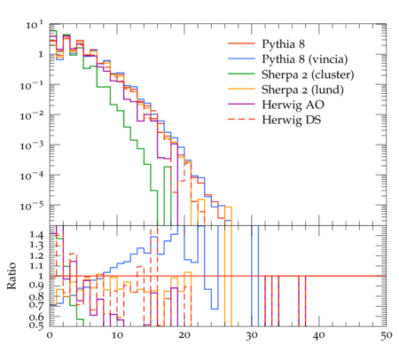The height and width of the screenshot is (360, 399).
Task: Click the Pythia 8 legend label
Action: (283, 43)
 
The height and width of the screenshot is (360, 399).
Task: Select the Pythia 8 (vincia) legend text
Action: (305, 59)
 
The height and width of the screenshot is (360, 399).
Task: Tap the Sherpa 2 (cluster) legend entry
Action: (308, 74)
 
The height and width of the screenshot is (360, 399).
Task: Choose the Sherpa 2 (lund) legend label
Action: (302, 90)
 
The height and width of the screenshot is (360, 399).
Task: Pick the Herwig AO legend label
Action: (293, 105)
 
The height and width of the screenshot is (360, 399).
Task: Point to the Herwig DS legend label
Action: (292, 120)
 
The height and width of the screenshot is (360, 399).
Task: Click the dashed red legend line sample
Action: (241, 119)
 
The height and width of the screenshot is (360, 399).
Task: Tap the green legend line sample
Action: (241, 74)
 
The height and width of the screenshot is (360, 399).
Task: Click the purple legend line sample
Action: (241, 104)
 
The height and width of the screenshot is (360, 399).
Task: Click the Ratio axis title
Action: (12, 276)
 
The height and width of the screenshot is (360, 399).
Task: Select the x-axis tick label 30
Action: (252, 336)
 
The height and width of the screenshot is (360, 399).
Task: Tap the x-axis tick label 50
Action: (386, 336)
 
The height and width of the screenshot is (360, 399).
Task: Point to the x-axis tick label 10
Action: (117, 336)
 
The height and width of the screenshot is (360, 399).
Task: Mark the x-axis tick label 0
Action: (50, 336)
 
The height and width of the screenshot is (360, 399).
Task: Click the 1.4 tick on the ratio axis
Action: (36, 235)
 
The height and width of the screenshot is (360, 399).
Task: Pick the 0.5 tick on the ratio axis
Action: (36, 325)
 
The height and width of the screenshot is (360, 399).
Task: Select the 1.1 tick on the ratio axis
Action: (36, 266)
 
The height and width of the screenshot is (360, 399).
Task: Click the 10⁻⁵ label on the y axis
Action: (32, 205)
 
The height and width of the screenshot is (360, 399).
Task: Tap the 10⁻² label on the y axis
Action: (32, 115)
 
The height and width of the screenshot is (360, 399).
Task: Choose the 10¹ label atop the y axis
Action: (35, 25)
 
